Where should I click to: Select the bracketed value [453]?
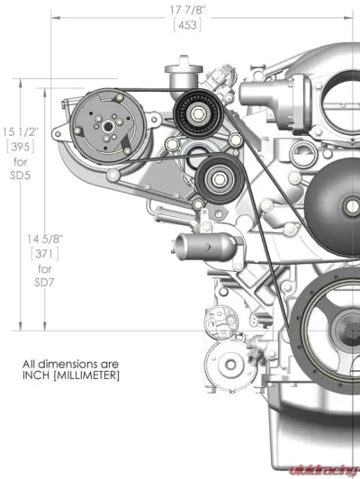point(184,25)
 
